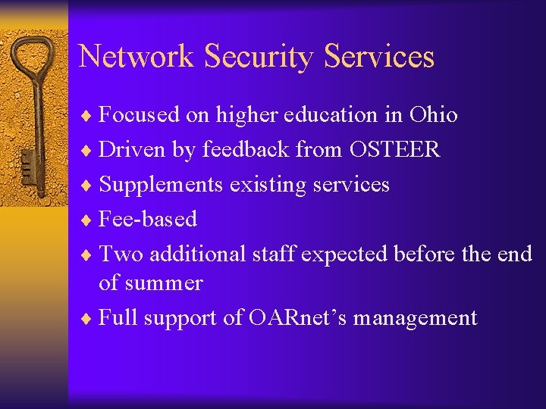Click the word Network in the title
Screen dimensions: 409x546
click(x=136, y=57)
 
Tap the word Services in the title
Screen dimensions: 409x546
click(x=378, y=57)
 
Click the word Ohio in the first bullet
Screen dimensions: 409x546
click(x=433, y=115)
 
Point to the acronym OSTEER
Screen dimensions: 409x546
click(x=394, y=150)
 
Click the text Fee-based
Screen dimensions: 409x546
click(x=148, y=220)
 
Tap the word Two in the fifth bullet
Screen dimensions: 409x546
click(x=121, y=254)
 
